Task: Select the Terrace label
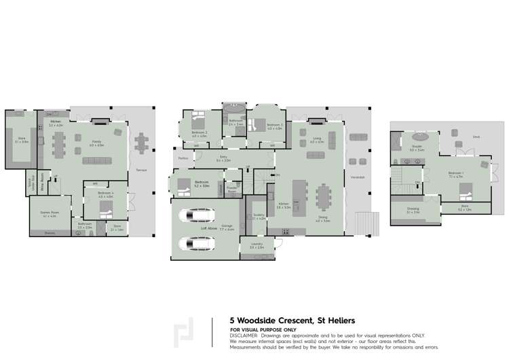coord(141,170)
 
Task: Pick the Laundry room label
coord(257,246)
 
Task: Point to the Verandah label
coord(357,177)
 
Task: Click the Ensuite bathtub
coord(417,137)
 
